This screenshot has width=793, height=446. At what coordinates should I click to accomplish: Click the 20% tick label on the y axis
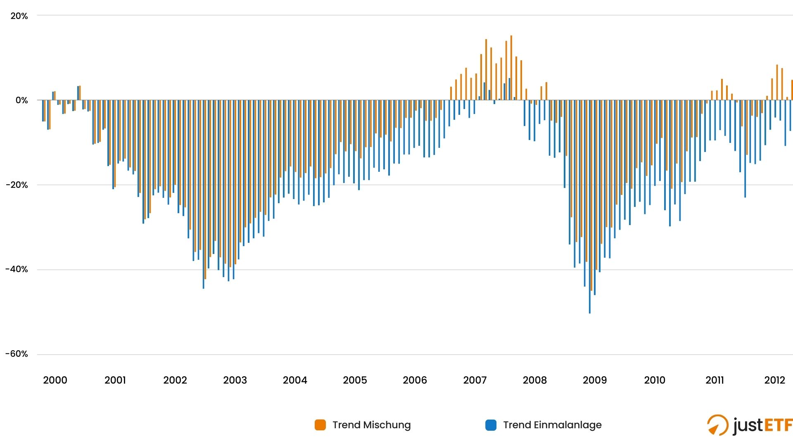(x=19, y=16)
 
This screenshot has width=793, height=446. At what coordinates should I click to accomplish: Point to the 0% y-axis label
(x=21, y=100)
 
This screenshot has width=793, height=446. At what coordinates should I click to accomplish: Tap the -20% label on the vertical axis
(x=17, y=185)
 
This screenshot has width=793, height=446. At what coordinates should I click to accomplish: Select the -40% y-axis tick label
(x=17, y=269)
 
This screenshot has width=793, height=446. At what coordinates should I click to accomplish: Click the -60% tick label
(x=17, y=354)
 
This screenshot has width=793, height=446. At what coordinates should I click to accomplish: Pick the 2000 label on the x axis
(x=55, y=380)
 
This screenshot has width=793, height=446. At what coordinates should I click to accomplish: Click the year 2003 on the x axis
(x=235, y=380)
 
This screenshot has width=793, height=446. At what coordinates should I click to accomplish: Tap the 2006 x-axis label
(x=415, y=380)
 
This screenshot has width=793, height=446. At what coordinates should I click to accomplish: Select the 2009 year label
(x=595, y=380)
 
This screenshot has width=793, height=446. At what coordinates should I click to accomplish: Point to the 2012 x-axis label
(x=774, y=380)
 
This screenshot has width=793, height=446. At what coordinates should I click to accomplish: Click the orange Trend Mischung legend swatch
(x=320, y=425)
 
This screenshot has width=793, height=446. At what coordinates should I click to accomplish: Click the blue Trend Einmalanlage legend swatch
(x=491, y=425)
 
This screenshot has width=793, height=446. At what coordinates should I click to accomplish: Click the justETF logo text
(x=762, y=425)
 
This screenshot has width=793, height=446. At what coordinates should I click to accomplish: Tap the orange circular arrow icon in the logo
(x=717, y=425)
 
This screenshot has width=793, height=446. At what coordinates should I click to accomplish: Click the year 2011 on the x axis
(x=715, y=380)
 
